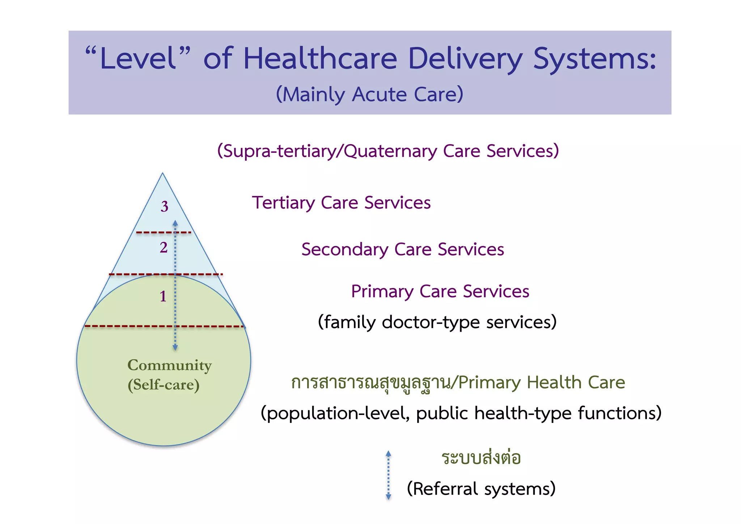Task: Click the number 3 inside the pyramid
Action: (165, 206)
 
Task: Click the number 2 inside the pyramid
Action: (164, 248)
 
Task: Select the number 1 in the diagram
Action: (163, 296)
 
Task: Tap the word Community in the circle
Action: (169, 365)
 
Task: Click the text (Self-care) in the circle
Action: (164, 385)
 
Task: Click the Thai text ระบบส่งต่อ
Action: (481, 458)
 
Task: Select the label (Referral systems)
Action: (481, 489)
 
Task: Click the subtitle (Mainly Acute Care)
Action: (369, 95)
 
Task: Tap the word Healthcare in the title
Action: (320, 59)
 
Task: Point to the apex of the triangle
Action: (163, 174)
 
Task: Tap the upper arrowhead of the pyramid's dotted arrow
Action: (175, 222)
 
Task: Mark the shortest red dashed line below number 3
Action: (164, 232)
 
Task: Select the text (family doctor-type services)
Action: (437, 322)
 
